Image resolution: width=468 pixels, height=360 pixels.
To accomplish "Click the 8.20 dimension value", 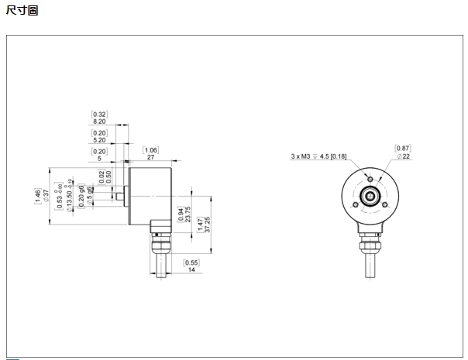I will pos(99,122).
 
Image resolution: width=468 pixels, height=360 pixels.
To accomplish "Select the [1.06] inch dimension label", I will pos(150,149).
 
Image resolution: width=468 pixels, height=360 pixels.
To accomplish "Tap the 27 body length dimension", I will pos(150,157).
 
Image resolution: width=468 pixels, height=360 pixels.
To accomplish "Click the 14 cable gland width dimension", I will pos(191,270).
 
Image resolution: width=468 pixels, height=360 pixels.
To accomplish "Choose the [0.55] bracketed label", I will pos(191,262).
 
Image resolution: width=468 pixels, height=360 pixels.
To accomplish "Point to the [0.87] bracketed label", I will pos(403,147).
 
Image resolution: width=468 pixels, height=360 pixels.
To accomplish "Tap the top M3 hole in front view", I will pos(370,180).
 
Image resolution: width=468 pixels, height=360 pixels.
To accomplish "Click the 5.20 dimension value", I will pos(99,140).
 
